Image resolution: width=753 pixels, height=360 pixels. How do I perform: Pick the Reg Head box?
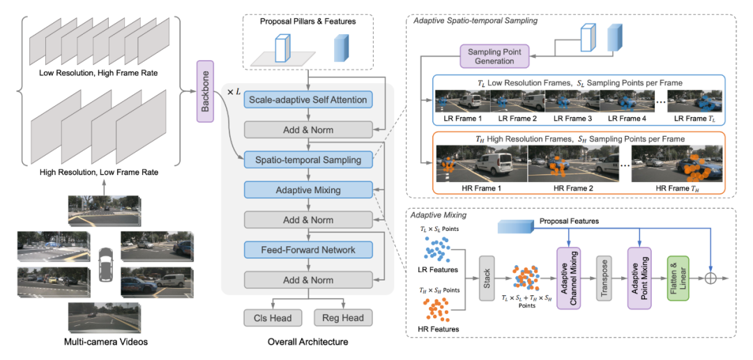[x=343, y=317]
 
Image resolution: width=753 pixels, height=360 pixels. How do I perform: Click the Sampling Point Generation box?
[x=494, y=56]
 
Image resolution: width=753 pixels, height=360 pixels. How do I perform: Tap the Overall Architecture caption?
[x=307, y=342]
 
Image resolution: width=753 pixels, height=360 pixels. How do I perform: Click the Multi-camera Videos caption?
[x=107, y=342]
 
